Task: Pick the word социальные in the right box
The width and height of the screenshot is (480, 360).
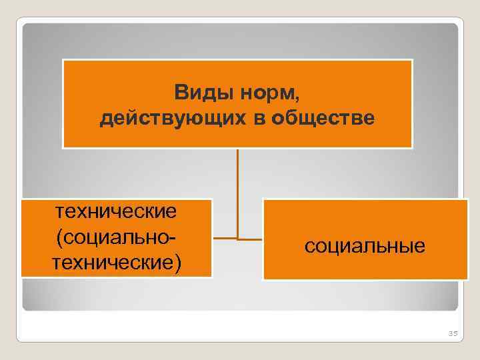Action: pos(365,246)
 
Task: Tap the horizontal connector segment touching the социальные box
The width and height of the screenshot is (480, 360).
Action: pos(251,239)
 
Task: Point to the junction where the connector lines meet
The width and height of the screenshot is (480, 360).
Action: pos(237,238)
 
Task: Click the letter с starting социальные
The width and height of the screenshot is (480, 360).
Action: pos(309,247)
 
